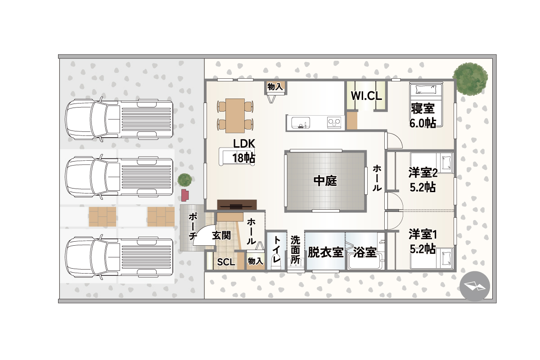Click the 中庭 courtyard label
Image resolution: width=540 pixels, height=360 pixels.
click(325, 181)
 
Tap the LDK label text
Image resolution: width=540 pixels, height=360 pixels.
click(244, 144)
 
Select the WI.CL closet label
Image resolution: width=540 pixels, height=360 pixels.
click(366, 96)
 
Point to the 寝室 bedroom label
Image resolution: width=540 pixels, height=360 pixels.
click(423, 108)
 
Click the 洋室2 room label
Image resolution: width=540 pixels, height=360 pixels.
click(423, 173)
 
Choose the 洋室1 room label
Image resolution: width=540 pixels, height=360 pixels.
click(423, 234)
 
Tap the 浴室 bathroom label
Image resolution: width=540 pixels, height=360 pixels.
click(365, 252)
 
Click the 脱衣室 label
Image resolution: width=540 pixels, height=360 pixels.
click(325, 252)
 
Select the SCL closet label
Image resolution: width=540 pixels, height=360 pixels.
click(226, 262)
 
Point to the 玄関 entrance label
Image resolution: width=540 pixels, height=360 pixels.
click(221, 235)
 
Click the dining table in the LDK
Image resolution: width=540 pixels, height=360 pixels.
click(235, 116)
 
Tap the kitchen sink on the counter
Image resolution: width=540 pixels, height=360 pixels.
click(301, 122)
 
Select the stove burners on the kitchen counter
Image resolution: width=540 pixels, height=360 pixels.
click(334, 122)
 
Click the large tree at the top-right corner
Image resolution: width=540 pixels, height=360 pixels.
click(470, 79)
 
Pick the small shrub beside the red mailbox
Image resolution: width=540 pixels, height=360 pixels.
click(184, 180)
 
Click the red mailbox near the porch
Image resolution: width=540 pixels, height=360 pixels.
click(185, 195)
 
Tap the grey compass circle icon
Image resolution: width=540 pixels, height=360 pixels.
click(475, 287)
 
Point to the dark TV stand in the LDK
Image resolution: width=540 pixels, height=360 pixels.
click(237, 205)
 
